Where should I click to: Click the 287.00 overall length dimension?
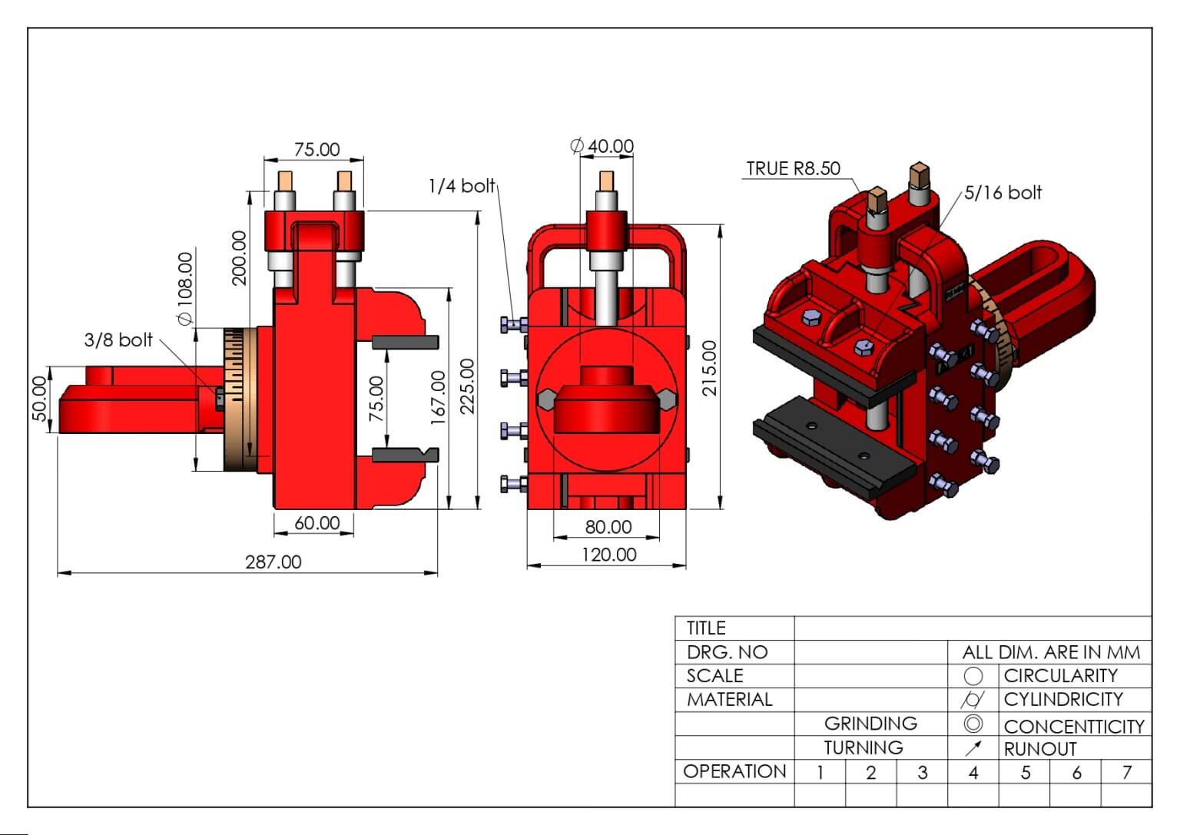[273, 562]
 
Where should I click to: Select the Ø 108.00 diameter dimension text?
[185, 289]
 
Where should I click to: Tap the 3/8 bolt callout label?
[118, 340]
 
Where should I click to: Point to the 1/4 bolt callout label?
[462, 185]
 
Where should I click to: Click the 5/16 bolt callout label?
[1003, 193]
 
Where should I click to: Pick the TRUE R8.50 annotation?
[794, 168]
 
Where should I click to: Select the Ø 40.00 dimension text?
[602, 146]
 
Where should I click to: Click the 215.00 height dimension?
[710, 368]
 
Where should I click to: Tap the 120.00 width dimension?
[608, 555]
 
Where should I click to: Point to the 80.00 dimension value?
[608, 527]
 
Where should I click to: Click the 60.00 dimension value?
[317, 523]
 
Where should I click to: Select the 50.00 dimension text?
[39, 399]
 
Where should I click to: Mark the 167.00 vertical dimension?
[438, 398]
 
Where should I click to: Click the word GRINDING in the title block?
[870, 724]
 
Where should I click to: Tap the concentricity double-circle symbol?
[973, 724]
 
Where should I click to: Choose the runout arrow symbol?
[973, 748]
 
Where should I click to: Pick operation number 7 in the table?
[1127, 772]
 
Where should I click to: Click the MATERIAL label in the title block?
[730, 700]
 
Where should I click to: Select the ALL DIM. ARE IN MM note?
[1051, 653]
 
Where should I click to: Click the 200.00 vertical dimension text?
[239, 258]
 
